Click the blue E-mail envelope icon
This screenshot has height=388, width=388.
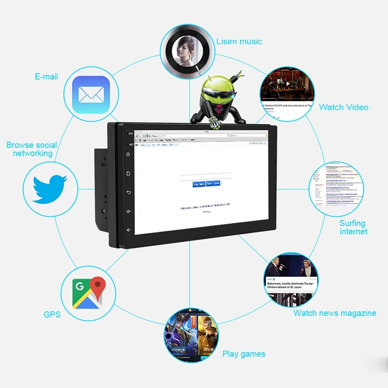[x=91, y=95]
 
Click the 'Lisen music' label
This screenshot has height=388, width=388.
[x=239, y=42]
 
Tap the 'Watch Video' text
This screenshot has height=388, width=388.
[x=343, y=107]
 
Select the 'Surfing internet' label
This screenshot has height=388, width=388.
[x=353, y=227]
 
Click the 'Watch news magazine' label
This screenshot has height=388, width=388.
[x=335, y=313]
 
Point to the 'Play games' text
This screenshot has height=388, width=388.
[x=243, y=354]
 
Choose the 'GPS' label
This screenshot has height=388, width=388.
[x=52, y=315]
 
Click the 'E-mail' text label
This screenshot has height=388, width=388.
[x=46, y=77]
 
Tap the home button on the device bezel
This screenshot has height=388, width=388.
[x=129, y=173]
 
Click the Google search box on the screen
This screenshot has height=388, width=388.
[x=200, y=177]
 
